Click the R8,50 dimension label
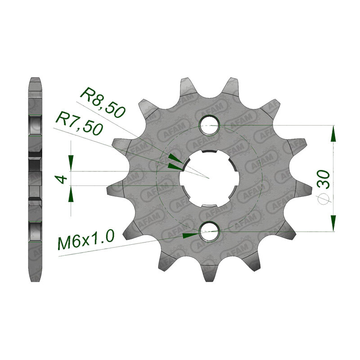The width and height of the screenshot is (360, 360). click(103, 102)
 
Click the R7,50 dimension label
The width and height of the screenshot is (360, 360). click(79, 123)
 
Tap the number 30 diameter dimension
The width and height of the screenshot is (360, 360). click(323, 180)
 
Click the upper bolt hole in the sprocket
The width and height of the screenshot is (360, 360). click(209, 126)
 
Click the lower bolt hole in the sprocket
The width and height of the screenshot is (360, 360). click(209, 231)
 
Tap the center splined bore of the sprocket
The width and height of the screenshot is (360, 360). click(209, 178)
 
